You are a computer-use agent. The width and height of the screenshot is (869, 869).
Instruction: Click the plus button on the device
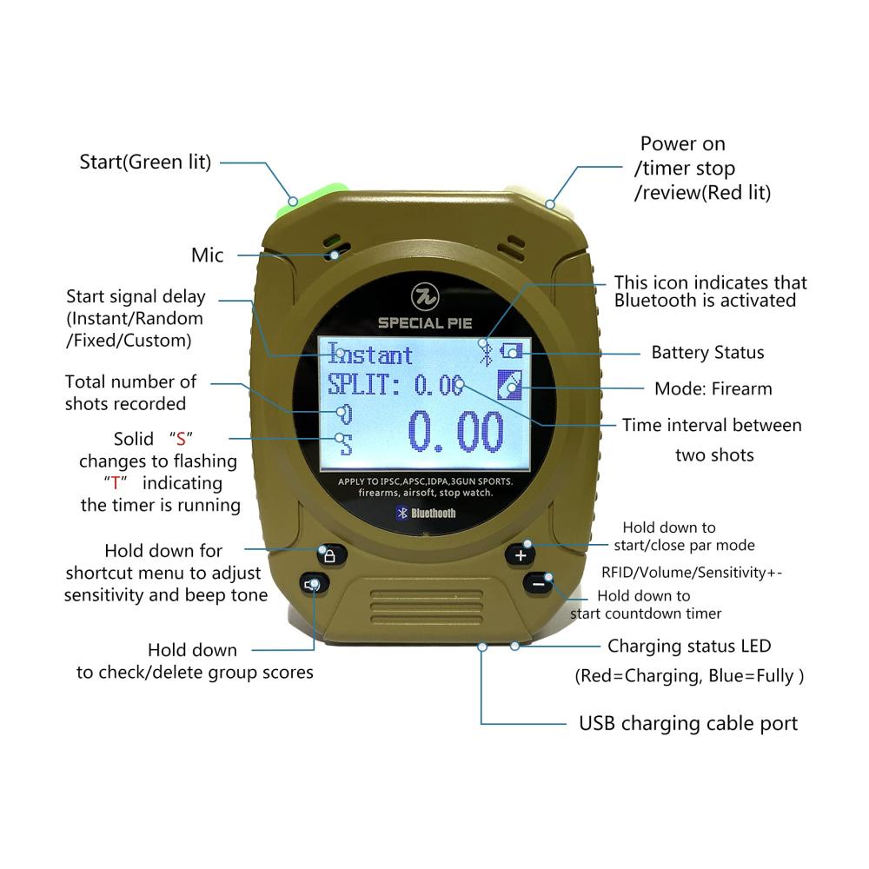pyautogui.click(x=520, y=554)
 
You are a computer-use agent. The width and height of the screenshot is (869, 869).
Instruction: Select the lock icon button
pyautogui.click(x=331, y=555)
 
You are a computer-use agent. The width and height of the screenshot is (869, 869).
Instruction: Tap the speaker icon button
pyautogui.click(x=315, y=584)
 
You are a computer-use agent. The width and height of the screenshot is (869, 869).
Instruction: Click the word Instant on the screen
pyautogui.click(x=370, y=355)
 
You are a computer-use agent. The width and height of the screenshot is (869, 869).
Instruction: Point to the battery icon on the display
pyautogui.click(x=511, y=351)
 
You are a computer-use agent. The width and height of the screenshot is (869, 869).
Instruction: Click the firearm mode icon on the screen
pyautogui.click(x=510, y=385)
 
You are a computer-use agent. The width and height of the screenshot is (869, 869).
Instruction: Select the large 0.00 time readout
pyautogui.click(x=455, y=432)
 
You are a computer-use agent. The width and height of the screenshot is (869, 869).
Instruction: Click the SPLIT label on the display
pyautogui.click(x=363, y=384)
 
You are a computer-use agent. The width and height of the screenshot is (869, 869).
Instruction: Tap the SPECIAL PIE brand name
pyautogui.click(x=426, y=323)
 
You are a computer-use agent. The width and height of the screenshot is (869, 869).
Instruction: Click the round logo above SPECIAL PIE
pyautogui.click(x=425, y=297)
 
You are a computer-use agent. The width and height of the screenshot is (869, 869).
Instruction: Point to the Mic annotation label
pyautogui.click(x=208, y=255)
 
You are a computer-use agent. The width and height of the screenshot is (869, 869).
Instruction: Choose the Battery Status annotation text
pyautogui.click(x=707, y=353)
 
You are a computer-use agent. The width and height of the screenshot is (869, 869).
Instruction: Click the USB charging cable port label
pyautogui.click(x=688, y=724)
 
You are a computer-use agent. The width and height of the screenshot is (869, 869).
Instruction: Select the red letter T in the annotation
pyautogui.click(x=116, y=483)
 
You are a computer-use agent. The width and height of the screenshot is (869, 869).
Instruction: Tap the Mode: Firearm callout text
pyautogui.click(x=713, y=388)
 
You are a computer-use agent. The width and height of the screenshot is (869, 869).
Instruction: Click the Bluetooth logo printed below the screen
pyautogui.click(x=426, y=514)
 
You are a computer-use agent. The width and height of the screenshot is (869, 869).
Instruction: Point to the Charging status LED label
pyautogui.click(x=689, y=647)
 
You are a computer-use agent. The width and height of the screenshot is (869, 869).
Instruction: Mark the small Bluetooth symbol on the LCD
pyautogui.click(x=486, y=354)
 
